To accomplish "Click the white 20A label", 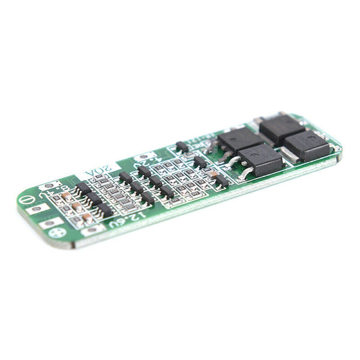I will (97, 173).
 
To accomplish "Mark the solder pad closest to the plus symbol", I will (49, 223).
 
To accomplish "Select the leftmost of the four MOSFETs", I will (239, 140).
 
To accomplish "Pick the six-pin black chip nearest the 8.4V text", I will (83, 188).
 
